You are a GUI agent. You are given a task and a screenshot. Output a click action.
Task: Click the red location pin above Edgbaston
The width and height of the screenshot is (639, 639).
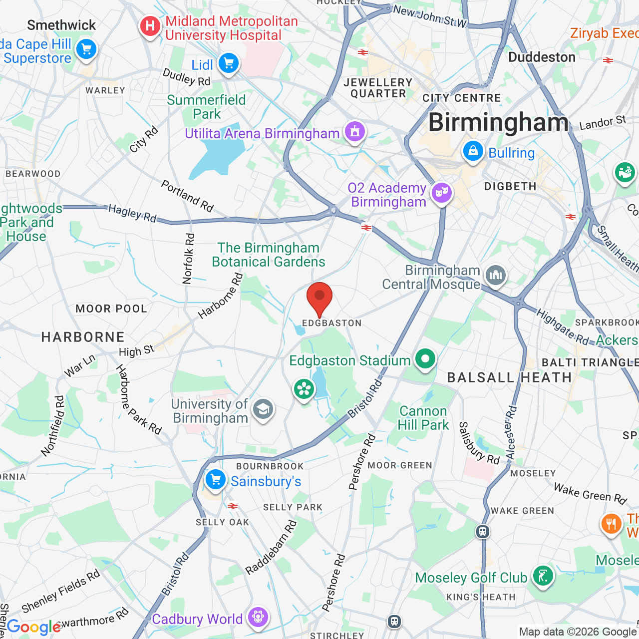pos(319,298)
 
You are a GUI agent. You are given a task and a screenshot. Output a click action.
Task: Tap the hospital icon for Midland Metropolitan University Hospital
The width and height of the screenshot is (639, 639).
pos(150,26)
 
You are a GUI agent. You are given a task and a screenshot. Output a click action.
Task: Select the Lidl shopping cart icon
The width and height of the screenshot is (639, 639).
pos(229,64)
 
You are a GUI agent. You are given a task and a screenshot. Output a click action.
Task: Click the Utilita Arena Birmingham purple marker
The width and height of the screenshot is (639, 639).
pos(354,132)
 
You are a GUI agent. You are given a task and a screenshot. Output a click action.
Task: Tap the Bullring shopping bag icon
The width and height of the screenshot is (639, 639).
pos(473,151)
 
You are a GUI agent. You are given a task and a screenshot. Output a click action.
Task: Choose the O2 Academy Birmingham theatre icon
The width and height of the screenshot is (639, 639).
pos(441,193)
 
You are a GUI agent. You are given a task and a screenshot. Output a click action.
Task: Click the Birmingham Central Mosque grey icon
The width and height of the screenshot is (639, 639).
pos(495,275)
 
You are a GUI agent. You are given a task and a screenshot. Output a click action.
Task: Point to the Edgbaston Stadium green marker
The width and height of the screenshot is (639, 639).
pos(425,359)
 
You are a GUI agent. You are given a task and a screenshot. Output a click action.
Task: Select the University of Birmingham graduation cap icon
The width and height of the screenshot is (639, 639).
pos(263,410)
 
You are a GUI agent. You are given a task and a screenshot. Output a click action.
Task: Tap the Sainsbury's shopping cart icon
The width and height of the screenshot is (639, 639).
pos(216,480)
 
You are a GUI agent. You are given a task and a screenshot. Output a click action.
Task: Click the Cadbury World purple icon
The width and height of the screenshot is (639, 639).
pos(258,617)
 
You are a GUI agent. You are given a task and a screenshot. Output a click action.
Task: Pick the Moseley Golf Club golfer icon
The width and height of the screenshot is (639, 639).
pos(542,576)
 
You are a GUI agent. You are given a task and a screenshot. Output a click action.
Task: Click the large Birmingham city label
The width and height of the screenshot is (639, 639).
pos(498,122)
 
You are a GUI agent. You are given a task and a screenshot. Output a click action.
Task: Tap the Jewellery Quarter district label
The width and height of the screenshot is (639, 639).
pos(378,88)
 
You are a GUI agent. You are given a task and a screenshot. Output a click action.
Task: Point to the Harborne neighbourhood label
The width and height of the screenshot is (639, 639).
pos(83,337)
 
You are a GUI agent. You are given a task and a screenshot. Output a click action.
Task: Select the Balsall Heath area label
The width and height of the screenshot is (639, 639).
pos(509,377)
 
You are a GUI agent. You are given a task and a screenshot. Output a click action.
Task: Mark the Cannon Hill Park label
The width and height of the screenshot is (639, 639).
pos(423,418)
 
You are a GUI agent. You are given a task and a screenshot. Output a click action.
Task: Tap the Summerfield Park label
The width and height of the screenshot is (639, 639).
pos(206,107)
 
